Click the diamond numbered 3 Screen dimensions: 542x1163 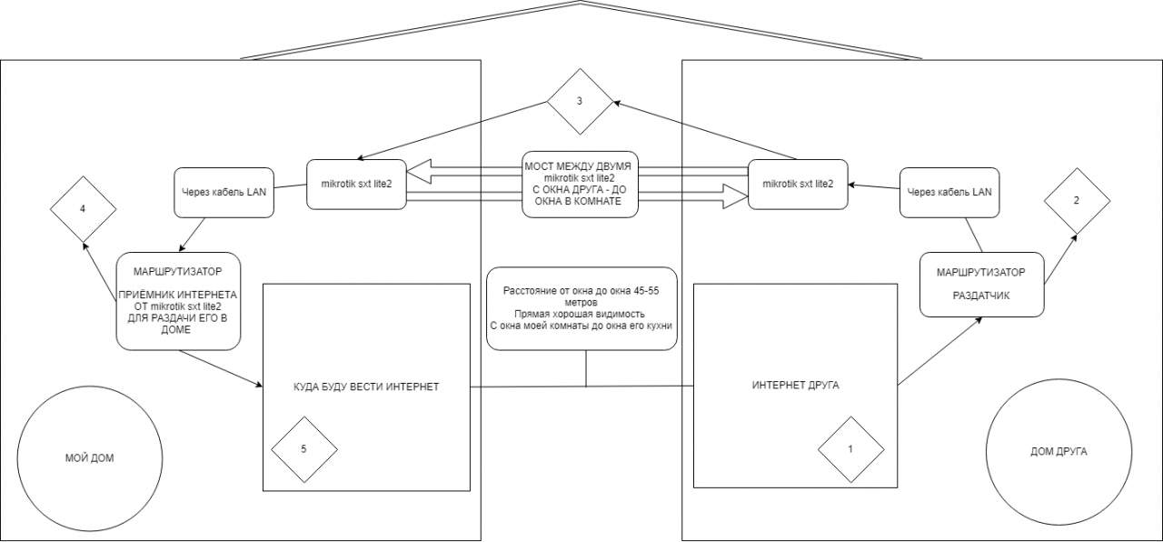pos(580,101)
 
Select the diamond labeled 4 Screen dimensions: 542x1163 pos(83,209)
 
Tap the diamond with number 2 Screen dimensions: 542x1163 pos(1077,200)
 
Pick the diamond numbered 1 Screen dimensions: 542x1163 pos(850,449)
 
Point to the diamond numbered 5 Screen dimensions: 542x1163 pos(303,449)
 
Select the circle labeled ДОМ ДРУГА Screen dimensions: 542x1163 pos(1058,451)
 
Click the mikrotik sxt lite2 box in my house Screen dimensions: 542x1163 pos(355,184)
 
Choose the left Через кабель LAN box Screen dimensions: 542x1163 pos(224,191)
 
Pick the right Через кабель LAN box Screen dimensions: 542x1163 pos(949,192)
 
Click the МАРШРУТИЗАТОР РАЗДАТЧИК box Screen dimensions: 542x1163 pos(980,284)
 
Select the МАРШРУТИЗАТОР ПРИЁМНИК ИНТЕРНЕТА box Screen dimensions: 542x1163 pos(178,301)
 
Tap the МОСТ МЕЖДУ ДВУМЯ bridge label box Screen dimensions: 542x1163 pos(580,184)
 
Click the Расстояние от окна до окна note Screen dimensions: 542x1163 pos(582,307)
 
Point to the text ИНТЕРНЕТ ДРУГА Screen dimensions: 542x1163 pos(795,386)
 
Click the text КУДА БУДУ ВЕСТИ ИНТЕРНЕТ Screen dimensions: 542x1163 pos(366,386)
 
